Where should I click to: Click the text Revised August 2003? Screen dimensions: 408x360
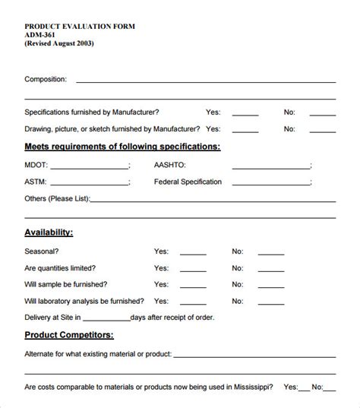(x=60, y=43)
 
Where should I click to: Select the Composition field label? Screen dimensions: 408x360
(x=46, y=78)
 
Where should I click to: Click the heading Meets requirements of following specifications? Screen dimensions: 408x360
(x=123, y=146)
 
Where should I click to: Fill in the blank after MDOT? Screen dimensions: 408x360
(x=90, y=165)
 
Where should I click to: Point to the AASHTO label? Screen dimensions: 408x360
(x=170, y=164)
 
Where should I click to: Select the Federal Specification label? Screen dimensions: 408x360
(x=188, y=182)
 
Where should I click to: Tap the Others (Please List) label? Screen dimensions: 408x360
(x=57, y=199)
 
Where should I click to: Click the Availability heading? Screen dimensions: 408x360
(x=49, y=232)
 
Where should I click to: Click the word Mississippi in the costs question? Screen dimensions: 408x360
(x=254, y=387)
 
